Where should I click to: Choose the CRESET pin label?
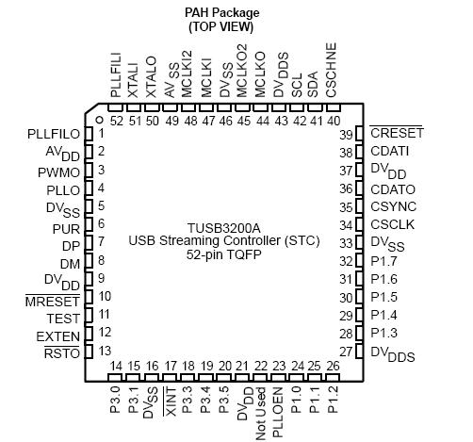click(397, 133)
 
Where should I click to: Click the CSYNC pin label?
click(391, 206)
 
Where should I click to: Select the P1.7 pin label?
click(383, 261)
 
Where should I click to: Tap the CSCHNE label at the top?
click(332, 77)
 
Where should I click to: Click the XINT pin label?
click(171, 400)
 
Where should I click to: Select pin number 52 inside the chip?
click(116, 121)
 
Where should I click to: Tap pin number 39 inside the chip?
click(347, 134)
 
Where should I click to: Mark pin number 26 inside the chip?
click(333, 367)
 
